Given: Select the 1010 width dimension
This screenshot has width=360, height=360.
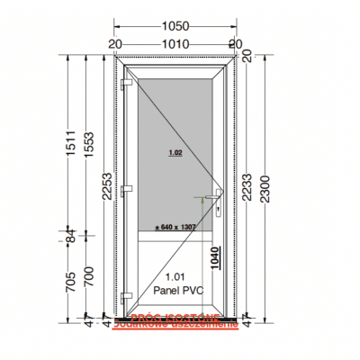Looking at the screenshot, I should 177,42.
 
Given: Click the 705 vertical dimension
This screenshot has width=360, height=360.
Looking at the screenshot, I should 68,284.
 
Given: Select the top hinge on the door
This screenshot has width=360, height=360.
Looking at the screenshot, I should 125,84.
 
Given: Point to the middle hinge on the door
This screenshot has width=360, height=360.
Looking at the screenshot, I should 125,189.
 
